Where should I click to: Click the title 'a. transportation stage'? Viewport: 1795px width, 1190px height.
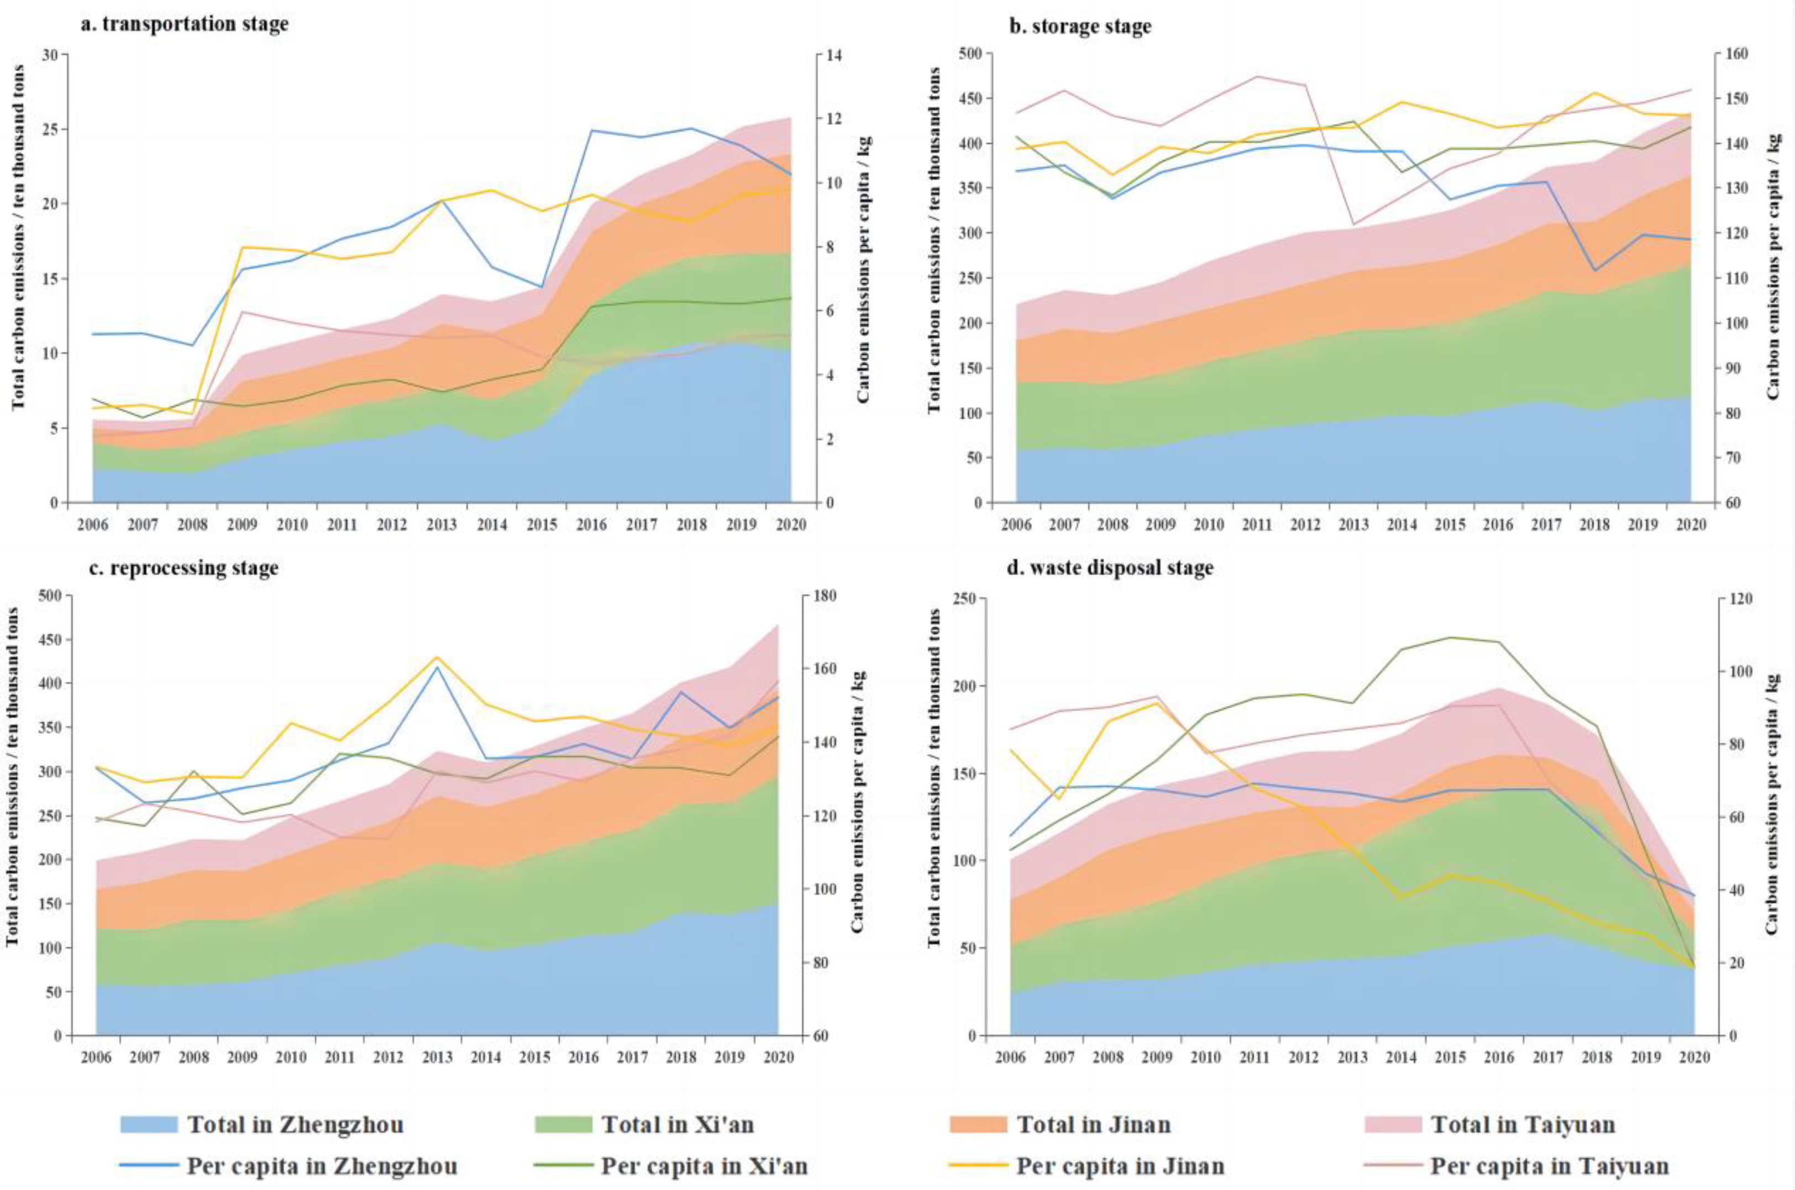click(x=185, y=24)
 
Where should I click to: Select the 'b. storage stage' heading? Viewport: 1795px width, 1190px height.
click(x=1079, y=26)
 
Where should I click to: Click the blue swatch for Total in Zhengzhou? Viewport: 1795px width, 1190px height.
click(x=149, y=1124)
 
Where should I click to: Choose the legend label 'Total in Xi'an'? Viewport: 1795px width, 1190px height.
click(x=678, y=1124)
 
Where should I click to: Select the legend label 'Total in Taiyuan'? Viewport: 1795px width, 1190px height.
click(x=1523, y=1124)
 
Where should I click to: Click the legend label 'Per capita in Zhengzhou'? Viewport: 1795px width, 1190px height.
click(x=322, y=1165)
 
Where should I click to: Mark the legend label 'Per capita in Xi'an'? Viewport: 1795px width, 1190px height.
click(x=704, y=1165)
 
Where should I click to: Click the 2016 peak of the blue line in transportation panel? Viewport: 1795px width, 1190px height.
click(x=592, y=130)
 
